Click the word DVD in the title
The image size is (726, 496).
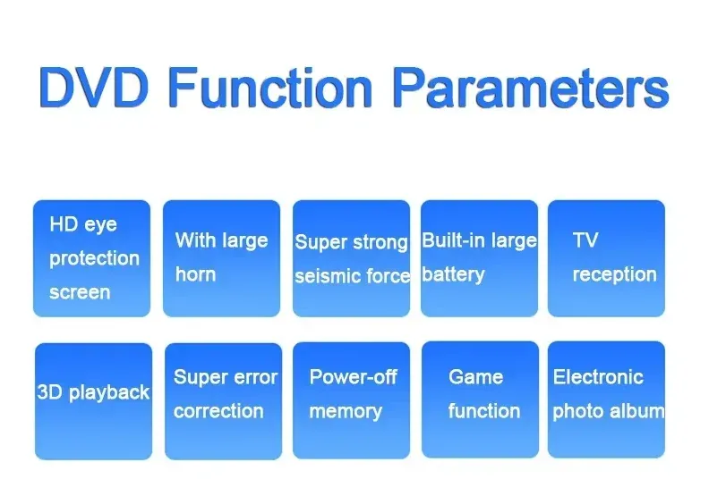94,87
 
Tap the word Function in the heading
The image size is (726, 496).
270,87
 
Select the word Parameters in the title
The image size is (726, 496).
531,87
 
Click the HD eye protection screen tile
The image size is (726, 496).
91,258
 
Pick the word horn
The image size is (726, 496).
195,274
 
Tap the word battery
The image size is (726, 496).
453,275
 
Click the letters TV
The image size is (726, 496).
585,240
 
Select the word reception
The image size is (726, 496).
614,275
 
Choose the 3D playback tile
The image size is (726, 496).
93,401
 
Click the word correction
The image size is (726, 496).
218,411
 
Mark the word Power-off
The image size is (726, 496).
353,377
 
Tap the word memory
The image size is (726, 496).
346,412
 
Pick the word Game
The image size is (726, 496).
475,377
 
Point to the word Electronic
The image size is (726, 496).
598,377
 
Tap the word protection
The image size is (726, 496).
95,259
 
